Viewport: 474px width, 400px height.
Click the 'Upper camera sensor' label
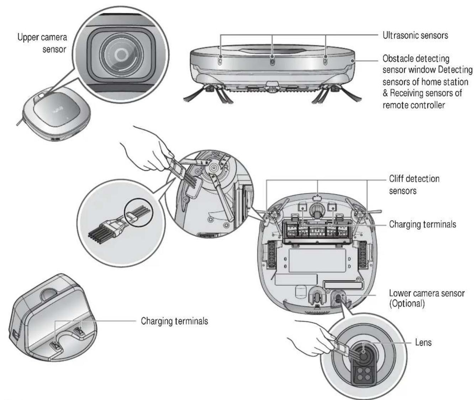click(42, 43)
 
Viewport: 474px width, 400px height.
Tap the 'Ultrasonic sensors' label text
click(415, 35)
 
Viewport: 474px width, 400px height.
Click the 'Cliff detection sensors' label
click(414, 185)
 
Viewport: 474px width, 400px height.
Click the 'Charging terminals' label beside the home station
click(174, 321)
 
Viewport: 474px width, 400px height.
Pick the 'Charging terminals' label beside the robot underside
click(422, 224)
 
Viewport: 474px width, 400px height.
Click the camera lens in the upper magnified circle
click(121, 53)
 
